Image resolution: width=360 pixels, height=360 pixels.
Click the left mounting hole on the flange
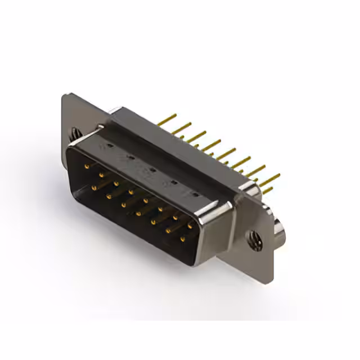pos(74,134)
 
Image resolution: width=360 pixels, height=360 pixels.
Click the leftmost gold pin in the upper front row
pos(86,166)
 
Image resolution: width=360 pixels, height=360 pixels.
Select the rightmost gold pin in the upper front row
pos(190,225)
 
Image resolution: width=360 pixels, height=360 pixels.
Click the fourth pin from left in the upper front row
pos(130,191)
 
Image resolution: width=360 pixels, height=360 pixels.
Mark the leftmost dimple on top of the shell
pos(109,145)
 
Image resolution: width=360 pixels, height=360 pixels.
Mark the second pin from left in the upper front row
pos(101,174)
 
